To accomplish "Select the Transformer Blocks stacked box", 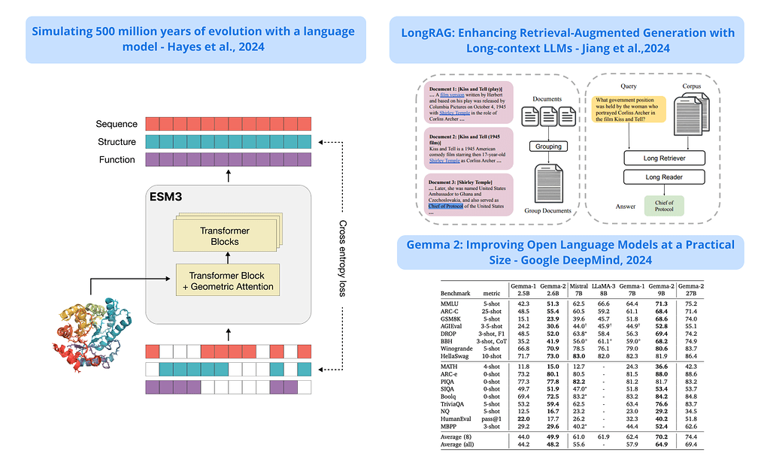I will point(225,236).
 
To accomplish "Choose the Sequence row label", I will point(117,124).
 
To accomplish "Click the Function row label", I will point(117,159).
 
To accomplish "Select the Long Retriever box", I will point(664,159).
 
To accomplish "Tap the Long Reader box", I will point(664,177).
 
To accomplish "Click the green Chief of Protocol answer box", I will point(664,207).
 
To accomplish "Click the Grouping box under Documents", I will point(549,146).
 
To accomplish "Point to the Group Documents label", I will point(548,211).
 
